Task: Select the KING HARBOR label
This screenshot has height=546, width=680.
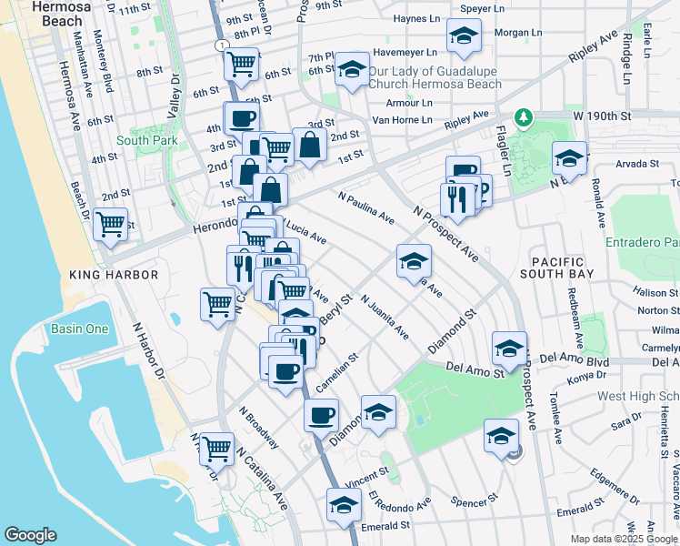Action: [114, 273]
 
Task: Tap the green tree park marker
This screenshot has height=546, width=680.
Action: [523, 117]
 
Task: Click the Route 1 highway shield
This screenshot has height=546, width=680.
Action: [220, 44]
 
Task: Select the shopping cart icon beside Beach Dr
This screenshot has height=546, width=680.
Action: [110, 223]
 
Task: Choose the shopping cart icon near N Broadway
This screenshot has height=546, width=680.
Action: [216, 447]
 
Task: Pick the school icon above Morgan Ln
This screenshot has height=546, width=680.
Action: [464, 36]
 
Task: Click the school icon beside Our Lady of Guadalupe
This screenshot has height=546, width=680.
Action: [351, 69]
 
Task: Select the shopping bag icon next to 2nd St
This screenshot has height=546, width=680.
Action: [309, 144]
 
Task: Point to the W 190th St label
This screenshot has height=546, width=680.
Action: [601, 116]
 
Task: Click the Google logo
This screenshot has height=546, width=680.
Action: [30, 535]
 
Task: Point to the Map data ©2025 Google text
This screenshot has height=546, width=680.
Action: [624, 539]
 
